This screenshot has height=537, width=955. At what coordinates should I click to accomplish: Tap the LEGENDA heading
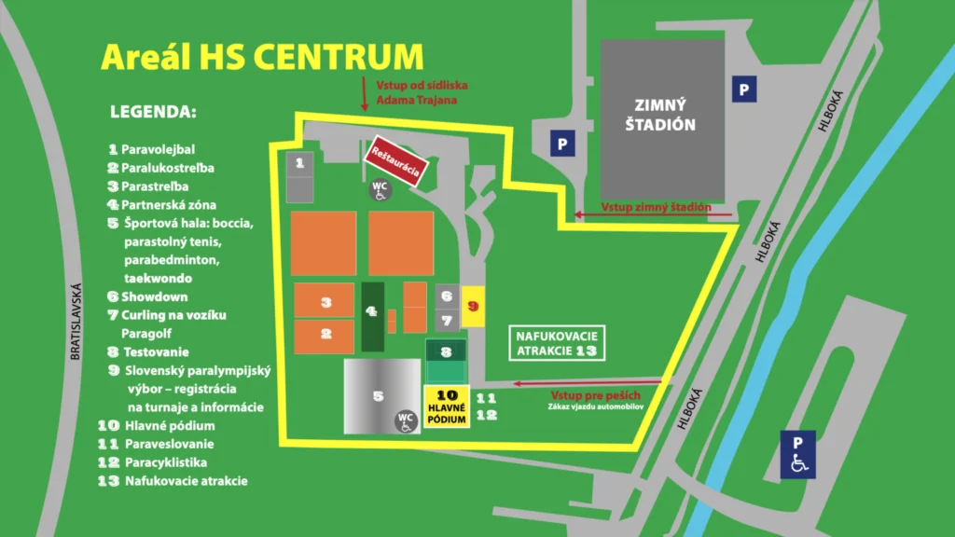(154, 113)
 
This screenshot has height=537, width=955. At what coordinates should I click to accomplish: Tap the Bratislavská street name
(76, 322)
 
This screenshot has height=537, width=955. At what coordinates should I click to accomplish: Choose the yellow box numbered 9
(473, 306)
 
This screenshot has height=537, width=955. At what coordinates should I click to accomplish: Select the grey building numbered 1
(299, 175)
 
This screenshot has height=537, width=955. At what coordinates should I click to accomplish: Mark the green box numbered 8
(446, 352)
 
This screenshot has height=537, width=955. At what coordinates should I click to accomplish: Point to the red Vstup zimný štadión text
(656, 208)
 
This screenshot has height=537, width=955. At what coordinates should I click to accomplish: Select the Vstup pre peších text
(583, 394)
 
